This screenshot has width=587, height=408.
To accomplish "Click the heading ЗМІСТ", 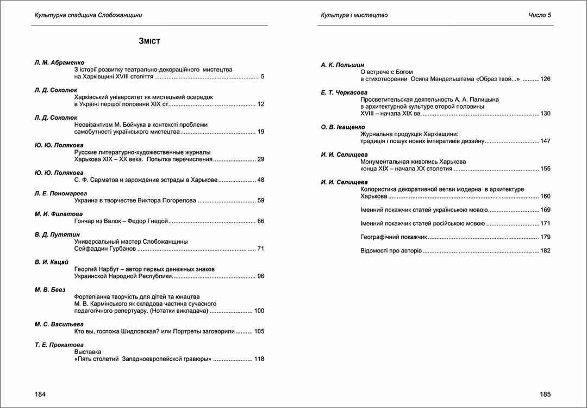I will click(x=149, y=41).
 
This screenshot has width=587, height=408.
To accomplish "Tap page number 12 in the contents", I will click(x=260, y=104).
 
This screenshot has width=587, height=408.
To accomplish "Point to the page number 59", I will click(x=260, y=201).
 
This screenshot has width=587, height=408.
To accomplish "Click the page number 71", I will click(x=260, y=249).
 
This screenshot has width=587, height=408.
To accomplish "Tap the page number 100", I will click(x=259, y=311).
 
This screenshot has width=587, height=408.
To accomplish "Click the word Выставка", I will click(x=88, y=352).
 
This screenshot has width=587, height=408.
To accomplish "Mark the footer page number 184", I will click(x=40, y=393).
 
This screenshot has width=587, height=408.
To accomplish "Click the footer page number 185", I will click(x=546, y=393).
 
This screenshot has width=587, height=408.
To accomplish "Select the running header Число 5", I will click(x=540, y=15).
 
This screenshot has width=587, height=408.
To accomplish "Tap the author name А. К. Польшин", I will click(x=342, y=65).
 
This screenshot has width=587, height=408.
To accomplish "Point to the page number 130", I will click(x=545, y=114).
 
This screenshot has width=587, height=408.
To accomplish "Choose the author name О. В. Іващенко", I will click(x=343, y=127).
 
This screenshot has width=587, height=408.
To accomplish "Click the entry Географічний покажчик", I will click(x=394, y=237).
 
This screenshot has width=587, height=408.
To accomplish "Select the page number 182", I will click(x=545, y=251).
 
